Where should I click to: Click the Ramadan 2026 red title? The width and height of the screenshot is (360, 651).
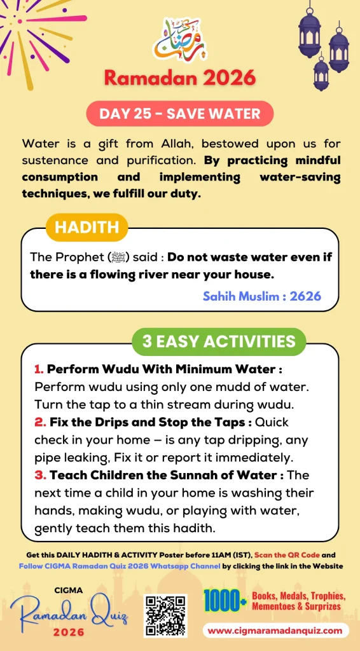pyautogui.click(x=180, y=78)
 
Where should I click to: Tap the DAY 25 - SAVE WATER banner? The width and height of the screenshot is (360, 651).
pyautogui.click(x=180, y=114)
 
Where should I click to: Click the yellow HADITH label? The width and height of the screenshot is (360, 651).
pyautogui.click(x=87, y=228)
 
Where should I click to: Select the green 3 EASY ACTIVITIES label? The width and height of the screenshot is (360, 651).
pyautogui.click(x=219, y=341)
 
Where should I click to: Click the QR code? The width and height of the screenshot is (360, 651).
pyautogui.click(x=165, y=615)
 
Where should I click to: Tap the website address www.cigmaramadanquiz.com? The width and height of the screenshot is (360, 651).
pyautogui.click(x=276, y=631)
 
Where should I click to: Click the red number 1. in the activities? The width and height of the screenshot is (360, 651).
pyautogui.click(x=39, y=369)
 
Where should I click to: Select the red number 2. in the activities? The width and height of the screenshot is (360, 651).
pyautogui.click(x=39, y=421)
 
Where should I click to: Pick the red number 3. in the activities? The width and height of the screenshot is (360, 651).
pyautogui.click(x=39, y=474)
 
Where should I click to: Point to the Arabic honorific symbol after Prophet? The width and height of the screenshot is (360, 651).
pyautogui.click(x=118, y=257)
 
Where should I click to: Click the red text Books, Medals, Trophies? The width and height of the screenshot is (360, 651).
pyautogui.click(x=298, y=596)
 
